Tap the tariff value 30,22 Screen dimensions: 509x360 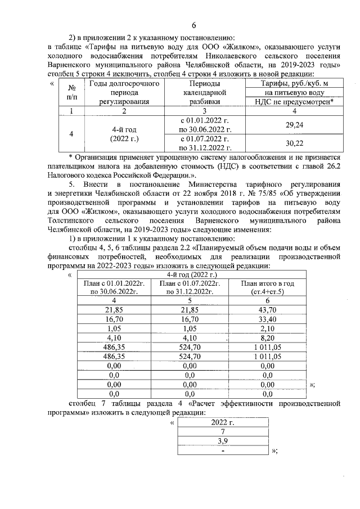click(x=295, y=143)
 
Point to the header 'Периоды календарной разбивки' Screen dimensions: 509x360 click(x=203, y=93)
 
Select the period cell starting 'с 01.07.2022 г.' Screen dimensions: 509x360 click(x=203, y=143)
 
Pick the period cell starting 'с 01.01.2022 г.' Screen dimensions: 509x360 click(x=203, y=124)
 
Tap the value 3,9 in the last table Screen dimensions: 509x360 click(x=223, y=441)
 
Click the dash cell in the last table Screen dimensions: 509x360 click(x=223, y=450)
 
